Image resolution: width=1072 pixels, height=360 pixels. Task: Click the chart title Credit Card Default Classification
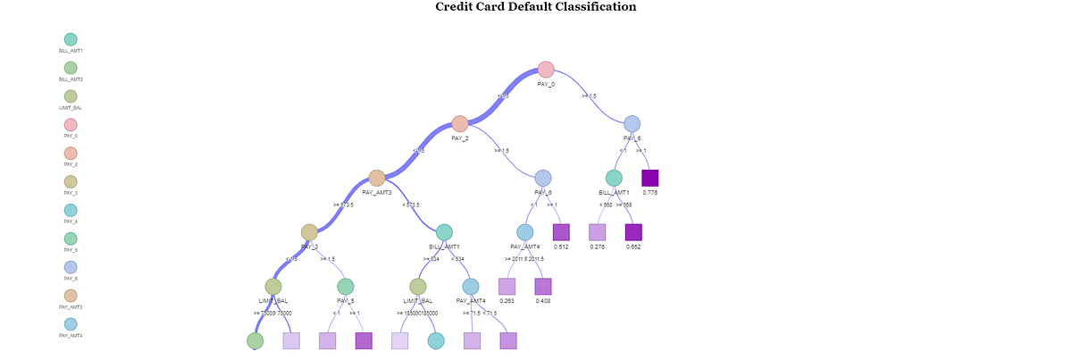click(x=536, y=7)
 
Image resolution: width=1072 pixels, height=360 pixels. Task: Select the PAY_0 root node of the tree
click(x=546, y=70)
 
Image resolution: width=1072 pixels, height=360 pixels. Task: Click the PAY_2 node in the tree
click(x=459, y=123)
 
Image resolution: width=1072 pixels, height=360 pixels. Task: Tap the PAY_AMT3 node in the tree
click(x=377, y=178)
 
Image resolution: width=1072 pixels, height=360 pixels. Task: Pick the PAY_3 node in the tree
click(x=309, y=232)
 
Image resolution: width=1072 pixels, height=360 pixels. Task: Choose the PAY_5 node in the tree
click(x=346, y=286)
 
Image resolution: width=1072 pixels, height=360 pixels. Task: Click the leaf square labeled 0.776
click(x=650, y=178)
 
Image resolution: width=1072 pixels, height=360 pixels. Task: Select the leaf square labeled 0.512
click(x=561, y=232)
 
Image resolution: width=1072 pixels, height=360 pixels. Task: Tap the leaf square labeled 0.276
click(x=598, y=232)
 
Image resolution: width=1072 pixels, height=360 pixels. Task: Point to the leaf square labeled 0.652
click(x=633, y=232)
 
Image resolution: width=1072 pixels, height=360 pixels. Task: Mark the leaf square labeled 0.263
click(x=507, y=286)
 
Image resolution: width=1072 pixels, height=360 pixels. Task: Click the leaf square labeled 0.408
click(x=543, y=286)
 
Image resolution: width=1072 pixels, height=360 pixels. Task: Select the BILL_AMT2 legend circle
click(x=71, y=68)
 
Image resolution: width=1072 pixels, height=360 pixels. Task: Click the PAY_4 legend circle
click(x=71, y=210)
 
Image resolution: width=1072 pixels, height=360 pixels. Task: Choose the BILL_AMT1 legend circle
click(x=71, y=39)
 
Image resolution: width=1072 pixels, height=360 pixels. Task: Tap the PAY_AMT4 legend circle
click(x=71, y=324)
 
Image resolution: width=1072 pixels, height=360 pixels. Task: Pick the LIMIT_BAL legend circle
click(x=71, y=96)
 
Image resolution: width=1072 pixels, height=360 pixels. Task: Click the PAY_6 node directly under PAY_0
click(x=632, y=123)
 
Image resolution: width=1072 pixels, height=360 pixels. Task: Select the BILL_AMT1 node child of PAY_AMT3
click(x=444, y=232)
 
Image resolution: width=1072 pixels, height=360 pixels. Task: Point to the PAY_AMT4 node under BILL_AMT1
click(x=471, y=286)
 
